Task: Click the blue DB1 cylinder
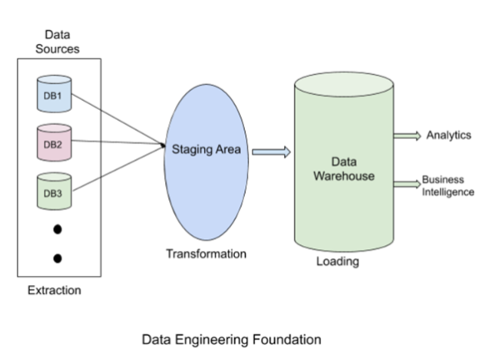[52, 93]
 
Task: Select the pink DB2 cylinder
[52, 142]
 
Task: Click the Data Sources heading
[58, 42]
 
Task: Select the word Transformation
[205, 253]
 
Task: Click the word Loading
[337, 262]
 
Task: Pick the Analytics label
[448, 134]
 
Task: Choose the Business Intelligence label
[447, 185]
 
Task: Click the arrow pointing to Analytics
[407, 136]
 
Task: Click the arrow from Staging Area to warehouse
[271, 152]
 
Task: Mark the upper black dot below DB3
[57, 228]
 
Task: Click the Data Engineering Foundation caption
[231, 340]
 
